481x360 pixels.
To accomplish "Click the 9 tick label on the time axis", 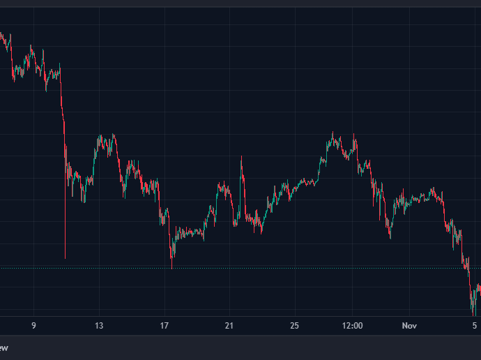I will tap(33, 326).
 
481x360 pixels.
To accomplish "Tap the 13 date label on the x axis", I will tap(99, 326).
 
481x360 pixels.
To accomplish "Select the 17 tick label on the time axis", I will tap(165, 326).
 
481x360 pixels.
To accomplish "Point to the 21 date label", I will tap(230, 326).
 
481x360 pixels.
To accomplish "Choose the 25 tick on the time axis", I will tap(295, 326).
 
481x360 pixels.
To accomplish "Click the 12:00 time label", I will tap(353, 326).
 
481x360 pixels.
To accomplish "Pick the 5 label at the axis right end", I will tap(475, 326).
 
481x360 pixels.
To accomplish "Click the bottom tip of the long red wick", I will tap(66, 258).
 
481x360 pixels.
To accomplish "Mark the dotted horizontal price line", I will tap(279, 269).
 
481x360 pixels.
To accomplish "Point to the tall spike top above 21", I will tap(241, 158).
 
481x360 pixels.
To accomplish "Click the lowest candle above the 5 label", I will tap(473, 312).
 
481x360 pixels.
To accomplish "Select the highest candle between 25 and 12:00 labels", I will tap(333, 133).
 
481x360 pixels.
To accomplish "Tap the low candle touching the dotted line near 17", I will tap(171, 267).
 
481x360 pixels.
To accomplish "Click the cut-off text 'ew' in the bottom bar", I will tap(3, 347).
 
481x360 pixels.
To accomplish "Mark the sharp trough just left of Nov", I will tap(390, 237).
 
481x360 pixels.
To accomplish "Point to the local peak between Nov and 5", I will tap(433, 188).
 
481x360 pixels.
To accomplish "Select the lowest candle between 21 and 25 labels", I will tap(260, 232).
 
